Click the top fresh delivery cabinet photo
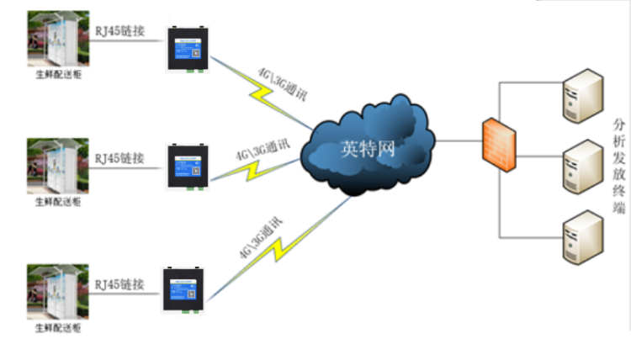(x=57, y=41)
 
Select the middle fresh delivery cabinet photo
(x=57, y=167)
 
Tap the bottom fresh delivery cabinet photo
(x=57, y=292)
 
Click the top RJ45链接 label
(x=119, y=31)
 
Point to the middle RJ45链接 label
(x=119, y=157)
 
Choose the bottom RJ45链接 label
(x=119, y=283)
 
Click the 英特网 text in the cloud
(x=368, y=149)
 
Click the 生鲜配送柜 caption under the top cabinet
(x=57, y=76)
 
